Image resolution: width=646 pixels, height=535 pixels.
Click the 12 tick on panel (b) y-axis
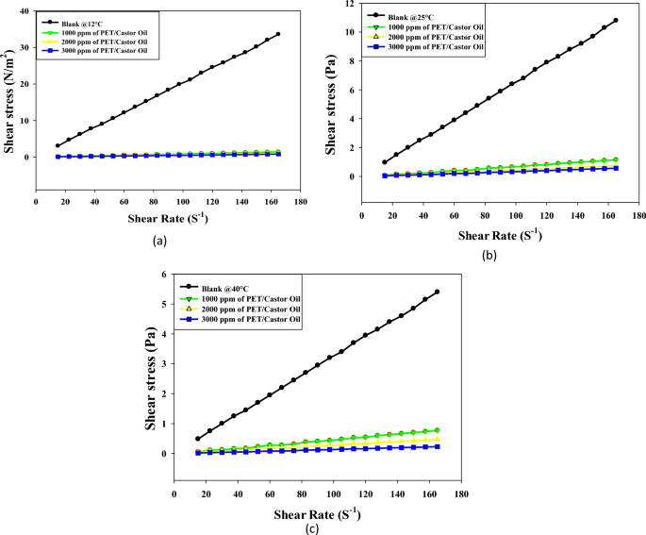[349, 4]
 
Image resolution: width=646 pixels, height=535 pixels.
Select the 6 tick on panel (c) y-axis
[164, 274]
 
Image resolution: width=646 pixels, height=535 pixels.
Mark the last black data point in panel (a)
[278, 34]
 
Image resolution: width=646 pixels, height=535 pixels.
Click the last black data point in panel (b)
[616, 20]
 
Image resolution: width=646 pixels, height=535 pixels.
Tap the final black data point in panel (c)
[437, 292]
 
